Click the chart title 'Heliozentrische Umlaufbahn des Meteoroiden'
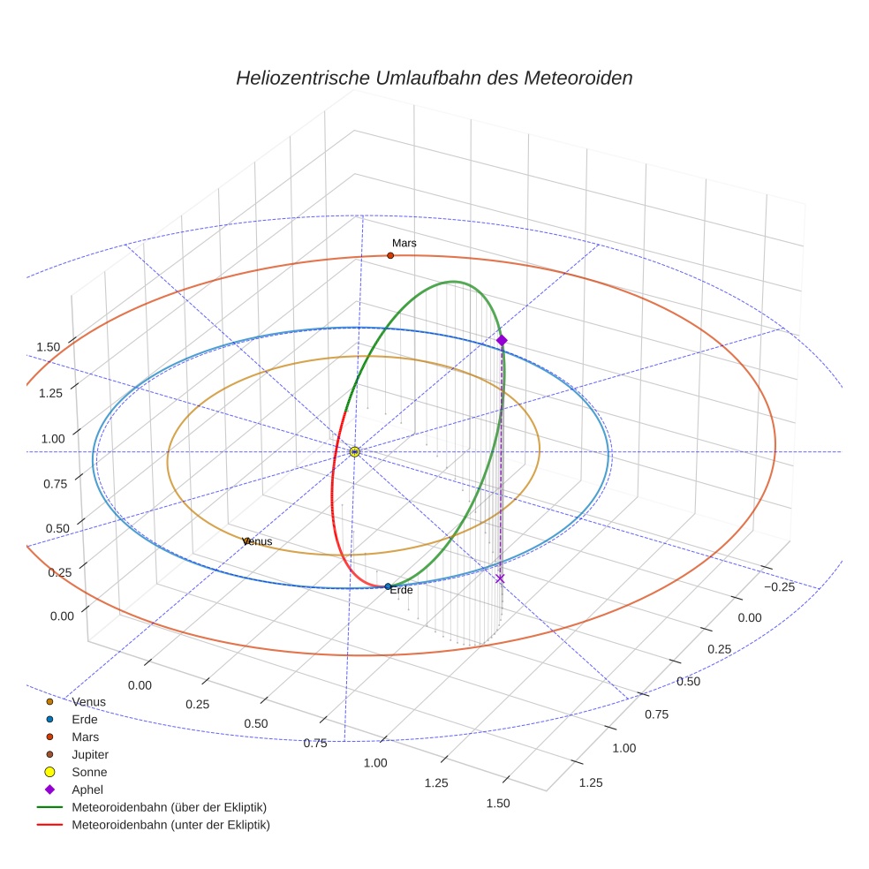point(434,78)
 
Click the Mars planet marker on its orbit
point(390,255)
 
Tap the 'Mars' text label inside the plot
point(404,243)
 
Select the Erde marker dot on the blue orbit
point(389,586)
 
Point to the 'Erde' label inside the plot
point(401,590)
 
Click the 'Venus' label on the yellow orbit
point(257,541)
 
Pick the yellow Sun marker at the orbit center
point(355,451)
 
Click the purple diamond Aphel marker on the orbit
point(502,340)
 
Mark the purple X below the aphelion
point(500,578)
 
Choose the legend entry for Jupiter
point(89,754)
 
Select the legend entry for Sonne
point(89,772)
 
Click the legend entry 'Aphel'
point(87,790)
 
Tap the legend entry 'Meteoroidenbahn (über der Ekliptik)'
point(169,807)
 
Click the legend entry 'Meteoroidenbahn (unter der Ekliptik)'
point(170,825)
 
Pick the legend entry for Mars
point(85,737)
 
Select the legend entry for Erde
point(85,719)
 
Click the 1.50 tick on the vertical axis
point(48,346)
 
